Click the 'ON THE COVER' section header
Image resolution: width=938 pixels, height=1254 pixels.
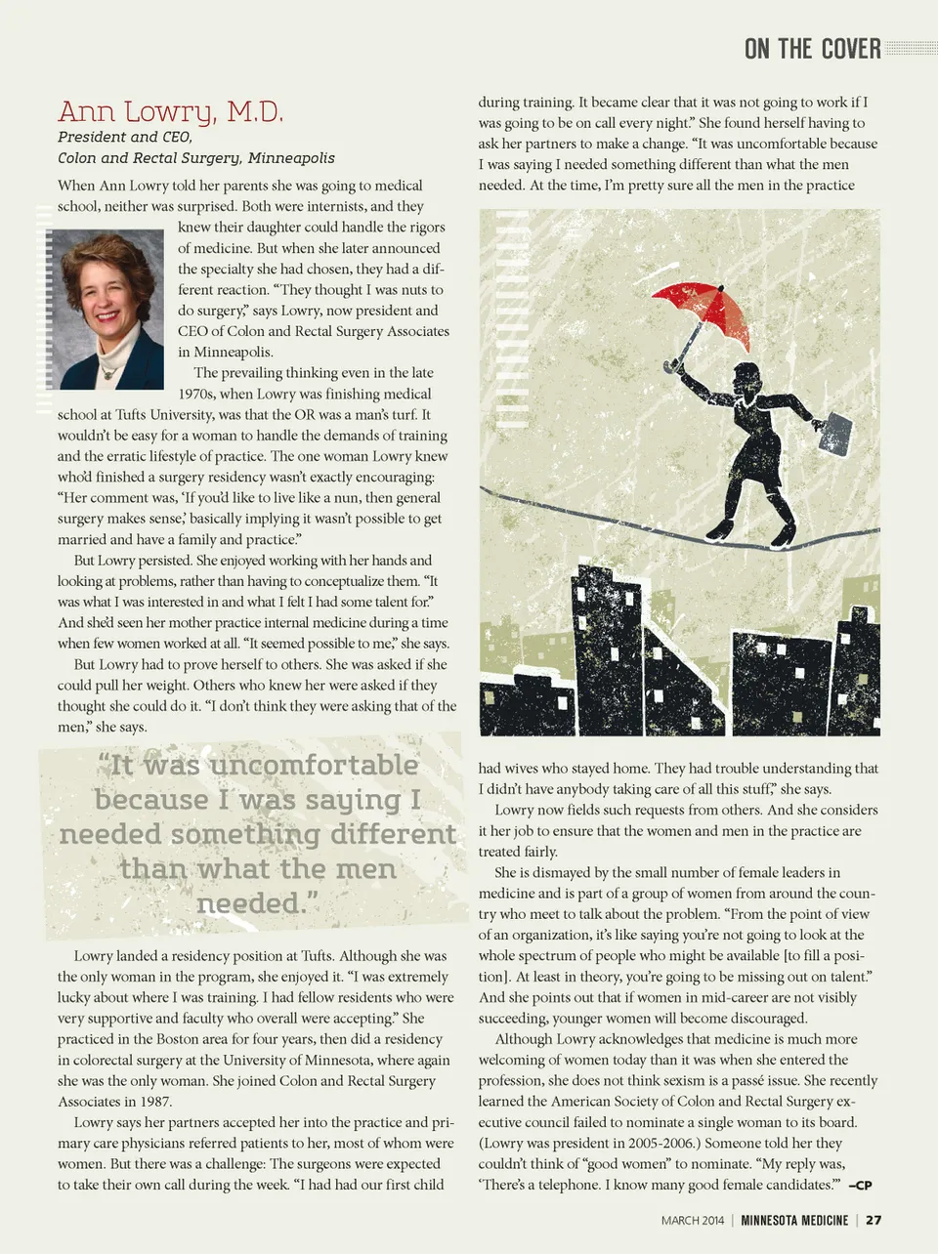pyautogui.click(x=812, y=49)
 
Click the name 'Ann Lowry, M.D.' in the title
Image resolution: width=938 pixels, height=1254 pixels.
pyautogui.click(x=170, y=112)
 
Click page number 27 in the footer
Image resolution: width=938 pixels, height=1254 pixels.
pyautogui.click(x=874, y=1220)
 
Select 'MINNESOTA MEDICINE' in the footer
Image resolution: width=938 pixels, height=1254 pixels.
pyautogui.click(x=793, y=1220)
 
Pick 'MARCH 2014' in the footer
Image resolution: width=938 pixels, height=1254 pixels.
pyautogui.click(x=693, y=1220)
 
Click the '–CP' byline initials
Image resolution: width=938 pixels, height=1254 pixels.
pyautogui.click(x=860, y=1186)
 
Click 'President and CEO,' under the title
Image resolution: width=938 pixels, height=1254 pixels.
pyautogui.click(x=124, y=137)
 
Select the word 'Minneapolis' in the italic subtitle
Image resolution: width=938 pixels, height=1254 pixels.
pyautogui.click(x=290, y=158)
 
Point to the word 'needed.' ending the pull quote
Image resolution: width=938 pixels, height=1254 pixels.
pyautogui.click(x=257, y=903)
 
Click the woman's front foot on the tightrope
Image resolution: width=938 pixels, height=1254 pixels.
pyautogui.click(x=785, y=534)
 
